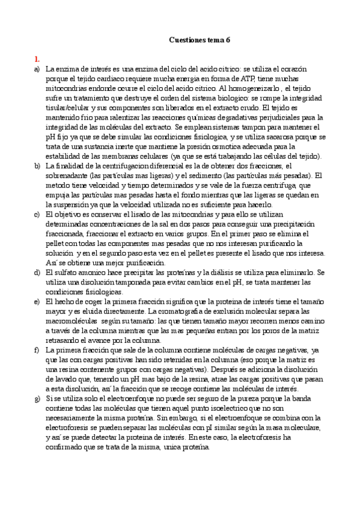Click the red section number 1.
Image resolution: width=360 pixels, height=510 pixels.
37,59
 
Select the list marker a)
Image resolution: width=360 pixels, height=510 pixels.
38,69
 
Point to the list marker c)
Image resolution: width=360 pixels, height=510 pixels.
38,214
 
